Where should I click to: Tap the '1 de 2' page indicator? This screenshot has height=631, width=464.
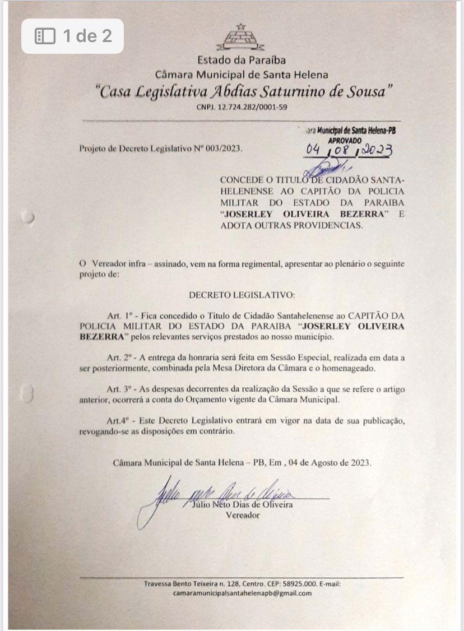73,36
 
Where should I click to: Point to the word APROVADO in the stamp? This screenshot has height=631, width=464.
345,141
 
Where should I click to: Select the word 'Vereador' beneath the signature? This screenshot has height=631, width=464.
242,516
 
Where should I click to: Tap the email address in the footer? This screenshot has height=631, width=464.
242,593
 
